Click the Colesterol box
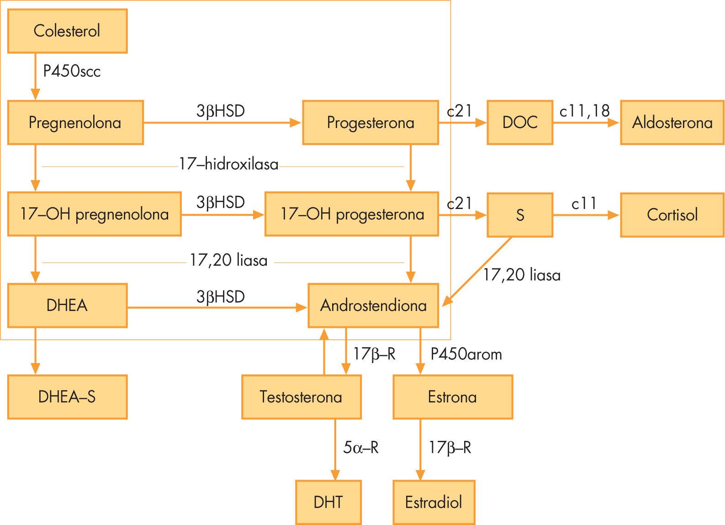(x=67, y=31)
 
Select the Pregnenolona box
(x=75, y=123)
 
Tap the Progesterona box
(x=370, y=123)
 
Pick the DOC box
(x=520, y=123)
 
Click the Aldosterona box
(x=672, y=123)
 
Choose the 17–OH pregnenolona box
(x=94, y=214)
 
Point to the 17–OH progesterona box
(x=352, y=214)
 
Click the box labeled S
(x=520, y=214)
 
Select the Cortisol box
(x=672, y=214)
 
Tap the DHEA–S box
(x=67, y=397)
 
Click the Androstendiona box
(x=373, y=305)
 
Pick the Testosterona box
(x=302, y=397)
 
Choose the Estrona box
(x=453, y=397)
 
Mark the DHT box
(x=328, y=502)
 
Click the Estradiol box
(x=434, y=502)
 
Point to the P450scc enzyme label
(x=72, y=71)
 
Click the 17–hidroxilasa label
(x=228, y=164)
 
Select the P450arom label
(x=466, y=354)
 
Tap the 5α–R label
(x=361, y=447)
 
